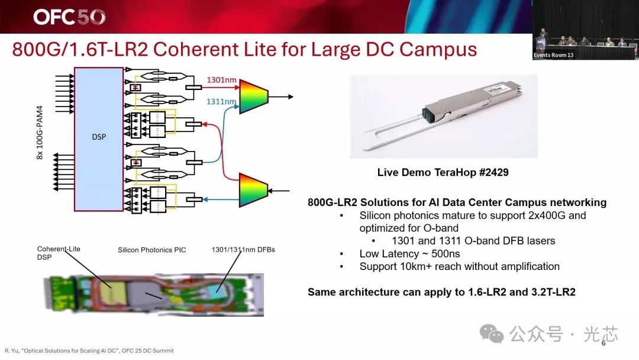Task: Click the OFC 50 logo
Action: (69, 17)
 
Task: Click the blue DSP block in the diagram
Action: (99, 139)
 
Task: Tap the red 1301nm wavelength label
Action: (221, 80)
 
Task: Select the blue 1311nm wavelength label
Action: (221, 101)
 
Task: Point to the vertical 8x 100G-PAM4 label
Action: (40, 133)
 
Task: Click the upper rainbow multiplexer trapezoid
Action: (253, 97)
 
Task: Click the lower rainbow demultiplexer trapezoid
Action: (253, 190)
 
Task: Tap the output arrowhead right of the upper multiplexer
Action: (291, 97)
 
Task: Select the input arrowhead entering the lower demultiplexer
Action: (270, 191)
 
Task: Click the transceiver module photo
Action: (444, 116)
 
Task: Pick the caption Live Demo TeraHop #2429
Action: (443, 172)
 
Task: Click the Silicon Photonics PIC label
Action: (151, 250)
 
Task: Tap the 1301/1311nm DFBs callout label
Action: (243, 249)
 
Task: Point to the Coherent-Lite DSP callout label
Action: (58, 253)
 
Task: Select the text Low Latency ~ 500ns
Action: (409, 253)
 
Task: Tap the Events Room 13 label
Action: (553, 55)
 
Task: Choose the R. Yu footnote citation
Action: (89, 351)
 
